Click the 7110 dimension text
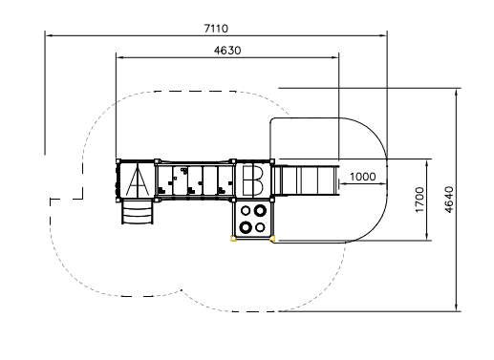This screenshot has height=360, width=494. click(216, 29)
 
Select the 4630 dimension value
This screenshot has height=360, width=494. click(227, 51)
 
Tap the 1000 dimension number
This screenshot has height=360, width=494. click(363, 177)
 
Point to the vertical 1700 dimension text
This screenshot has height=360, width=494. click(419, 200)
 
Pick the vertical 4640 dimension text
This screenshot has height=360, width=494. click(448, 200)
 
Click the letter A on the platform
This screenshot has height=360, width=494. click(138, 181)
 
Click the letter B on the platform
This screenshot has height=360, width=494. click(253, 180)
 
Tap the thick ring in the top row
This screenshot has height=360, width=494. click(260, 210)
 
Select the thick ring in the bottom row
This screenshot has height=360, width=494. click(246, 227)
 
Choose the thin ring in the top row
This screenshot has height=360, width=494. click(246, 210)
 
